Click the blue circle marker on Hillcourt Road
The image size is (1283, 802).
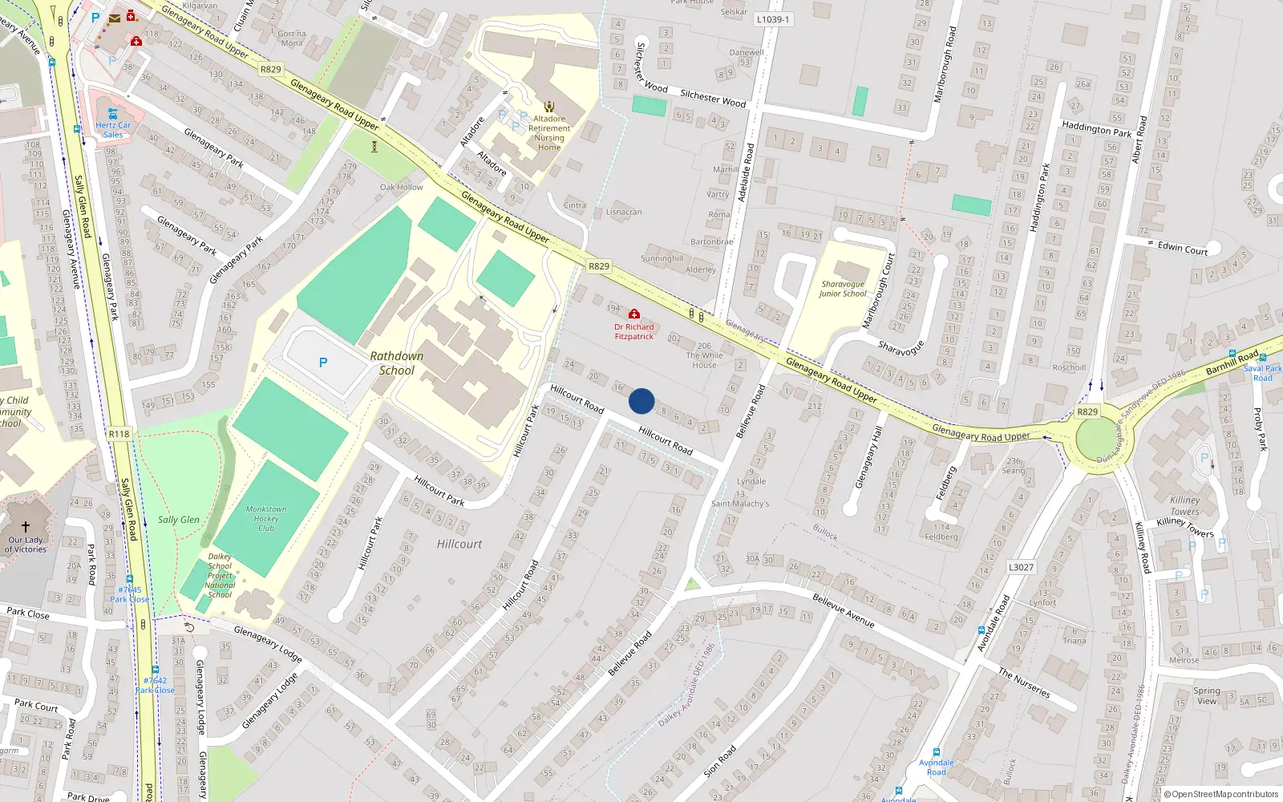(641, 401)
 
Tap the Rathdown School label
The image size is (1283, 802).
(397, 363)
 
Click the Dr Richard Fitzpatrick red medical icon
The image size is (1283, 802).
(634, 314)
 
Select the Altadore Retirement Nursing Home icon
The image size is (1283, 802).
(549, 107)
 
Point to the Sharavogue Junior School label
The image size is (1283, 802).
(843, 289)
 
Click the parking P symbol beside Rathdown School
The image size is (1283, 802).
(323, 363)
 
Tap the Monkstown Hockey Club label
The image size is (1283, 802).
(266, 518)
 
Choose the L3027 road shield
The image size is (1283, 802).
(1021, 567)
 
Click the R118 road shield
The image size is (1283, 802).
(119, 434)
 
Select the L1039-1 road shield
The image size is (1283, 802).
(773, 19)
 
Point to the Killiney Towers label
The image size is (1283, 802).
(1184, 505)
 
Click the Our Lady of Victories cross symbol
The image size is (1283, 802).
(26, 526)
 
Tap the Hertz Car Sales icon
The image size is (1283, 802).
(113, 114)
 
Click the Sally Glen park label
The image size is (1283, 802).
(179, 520)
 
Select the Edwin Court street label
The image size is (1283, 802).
(1183, 249)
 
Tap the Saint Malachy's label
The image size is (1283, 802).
(740, 504)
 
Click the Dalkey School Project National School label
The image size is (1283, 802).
(220, 575)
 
